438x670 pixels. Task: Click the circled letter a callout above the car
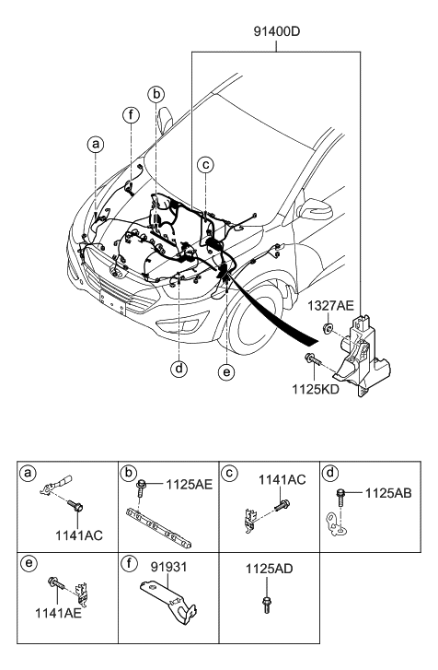coord(95,144)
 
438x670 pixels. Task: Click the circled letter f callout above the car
coord(132,114)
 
